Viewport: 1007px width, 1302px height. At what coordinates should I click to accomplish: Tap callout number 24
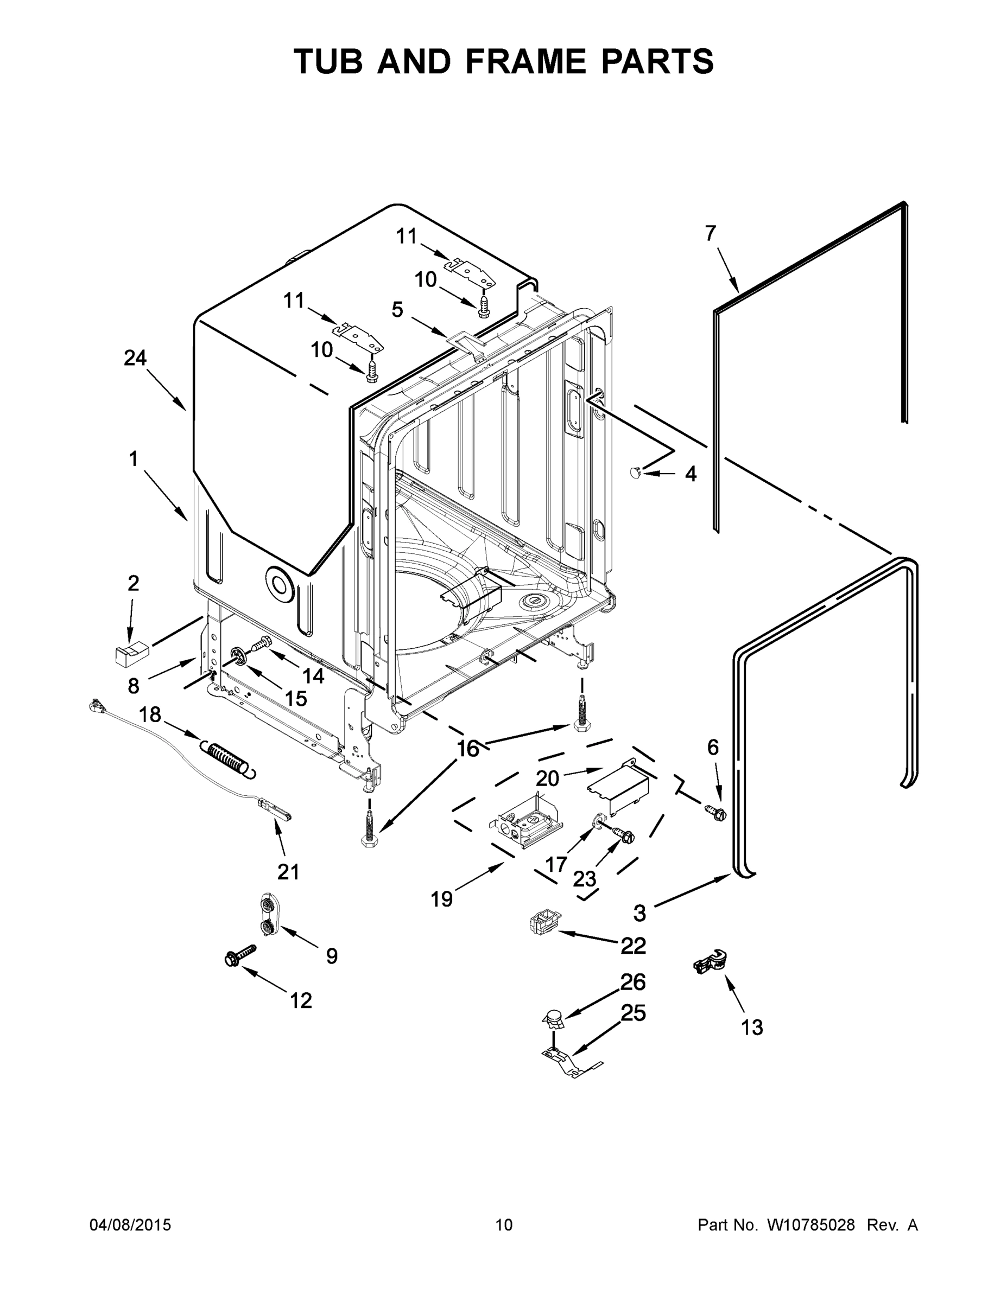(x=135, y=358)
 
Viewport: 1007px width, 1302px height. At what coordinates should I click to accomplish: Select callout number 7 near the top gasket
(x=710, y=233)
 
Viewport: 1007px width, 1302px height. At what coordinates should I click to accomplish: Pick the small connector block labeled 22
(x=542, y=923)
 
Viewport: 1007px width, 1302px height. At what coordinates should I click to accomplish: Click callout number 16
(x=468, y=748)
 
